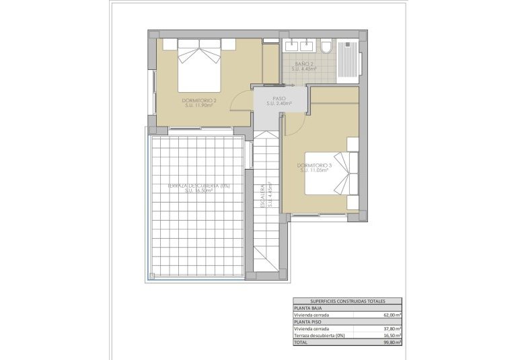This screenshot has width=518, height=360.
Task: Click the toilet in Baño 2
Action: coord(326,47)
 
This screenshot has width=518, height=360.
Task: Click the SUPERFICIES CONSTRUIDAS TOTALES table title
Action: coord(347,301)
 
